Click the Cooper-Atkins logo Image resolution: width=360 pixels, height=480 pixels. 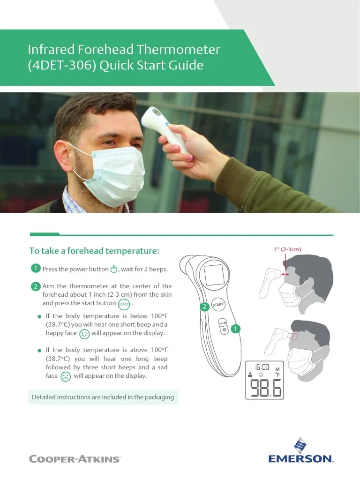(x=75, y=458)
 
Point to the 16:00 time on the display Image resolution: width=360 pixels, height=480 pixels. (x=262, y=367)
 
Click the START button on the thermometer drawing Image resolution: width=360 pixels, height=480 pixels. (x=218, y=305)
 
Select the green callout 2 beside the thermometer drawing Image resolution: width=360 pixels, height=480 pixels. (x=204, y=307)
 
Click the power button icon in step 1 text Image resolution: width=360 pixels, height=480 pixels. (x=114, y=270)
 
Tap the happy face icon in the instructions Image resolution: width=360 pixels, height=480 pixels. (x=84, y=334)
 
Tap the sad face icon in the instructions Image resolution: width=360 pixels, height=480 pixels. (x=66, y=376)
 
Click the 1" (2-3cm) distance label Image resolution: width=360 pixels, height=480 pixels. (x=288, y=249)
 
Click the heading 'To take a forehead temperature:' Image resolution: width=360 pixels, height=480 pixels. (x=94, y=251)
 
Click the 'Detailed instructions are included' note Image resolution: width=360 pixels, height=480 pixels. (x=103, y=397)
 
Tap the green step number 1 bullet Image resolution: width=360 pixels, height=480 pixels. (x=35, y=268)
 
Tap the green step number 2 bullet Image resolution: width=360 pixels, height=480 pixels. (x=35, y=286)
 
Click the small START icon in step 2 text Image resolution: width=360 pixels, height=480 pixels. (x=124, y=304)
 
